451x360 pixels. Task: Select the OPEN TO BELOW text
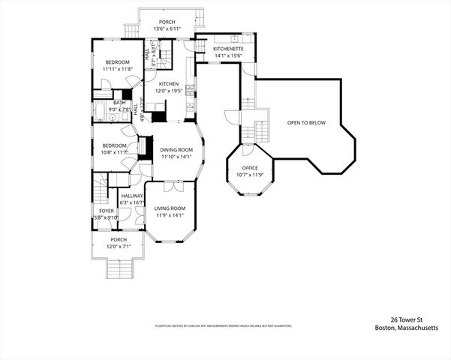click(x=306, y=122)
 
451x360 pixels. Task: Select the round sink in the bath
click(x=112, y=118)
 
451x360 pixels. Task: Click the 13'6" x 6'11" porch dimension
click(x=167, y=28)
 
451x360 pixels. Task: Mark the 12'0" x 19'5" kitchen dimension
click(x=168, y=91)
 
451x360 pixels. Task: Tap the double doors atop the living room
click(x=170, y=182)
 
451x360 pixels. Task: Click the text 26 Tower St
click(x=410, y=319)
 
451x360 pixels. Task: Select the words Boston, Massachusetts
click(x=405, y=327)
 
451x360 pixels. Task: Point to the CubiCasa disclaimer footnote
click(x=223, y=326)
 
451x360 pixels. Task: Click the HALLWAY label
click(x=132, y=196)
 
